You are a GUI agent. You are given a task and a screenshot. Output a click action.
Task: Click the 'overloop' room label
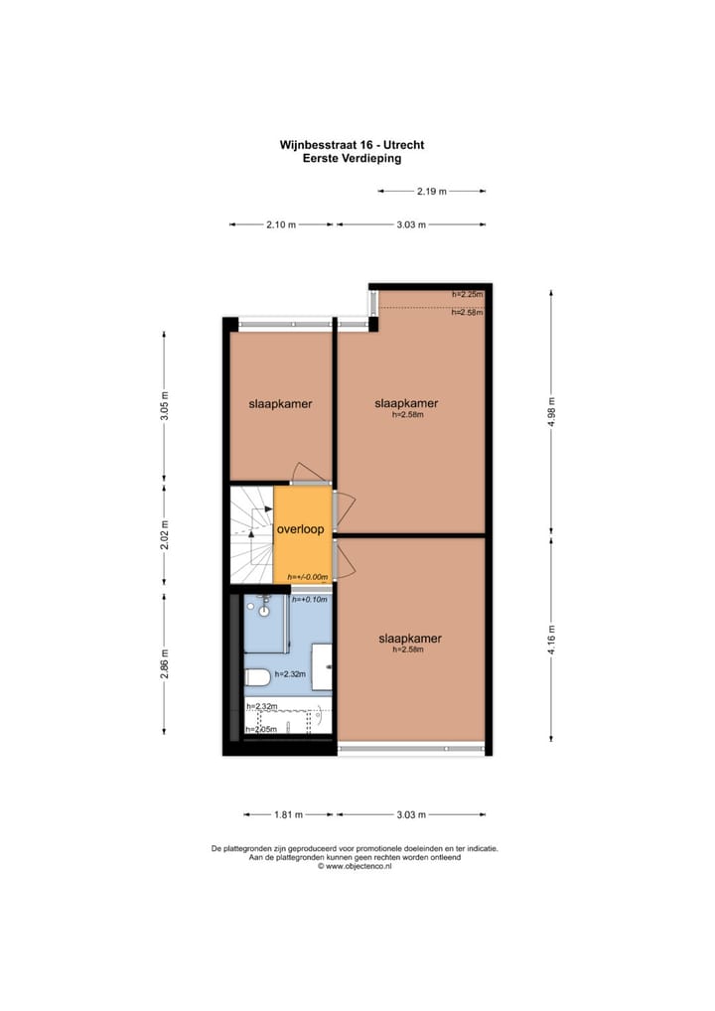(301, 529)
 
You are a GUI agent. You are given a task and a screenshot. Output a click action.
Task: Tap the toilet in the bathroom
(257, 678)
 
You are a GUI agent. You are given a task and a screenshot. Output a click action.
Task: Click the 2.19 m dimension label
(431, 191)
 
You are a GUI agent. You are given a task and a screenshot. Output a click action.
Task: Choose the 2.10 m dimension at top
(281, 224)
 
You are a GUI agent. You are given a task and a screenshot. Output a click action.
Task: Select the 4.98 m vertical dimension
(552, 411)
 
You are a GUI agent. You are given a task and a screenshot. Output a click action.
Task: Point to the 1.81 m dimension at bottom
(288, 814)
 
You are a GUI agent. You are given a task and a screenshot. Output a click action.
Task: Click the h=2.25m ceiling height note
(467, 294)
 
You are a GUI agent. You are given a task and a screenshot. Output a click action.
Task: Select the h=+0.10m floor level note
(310, 600)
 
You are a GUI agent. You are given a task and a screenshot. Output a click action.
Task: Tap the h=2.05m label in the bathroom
(261, 730)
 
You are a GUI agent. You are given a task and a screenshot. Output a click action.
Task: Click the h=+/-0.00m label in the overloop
(307, 577)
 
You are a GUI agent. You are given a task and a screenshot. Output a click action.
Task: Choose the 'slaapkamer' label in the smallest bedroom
(280, 404)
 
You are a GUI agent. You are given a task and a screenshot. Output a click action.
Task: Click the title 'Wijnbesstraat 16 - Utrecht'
(352, 145)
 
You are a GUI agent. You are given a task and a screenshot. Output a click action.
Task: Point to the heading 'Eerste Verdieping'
(352, 158)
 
